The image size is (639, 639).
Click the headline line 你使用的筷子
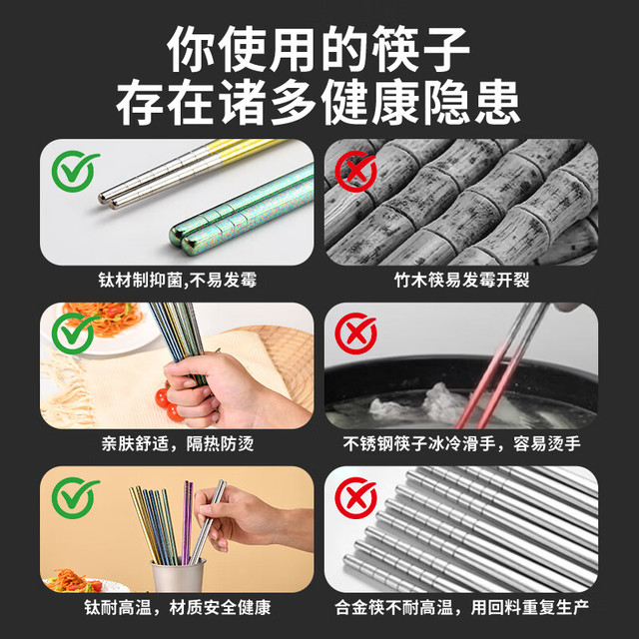[x=319, y=49]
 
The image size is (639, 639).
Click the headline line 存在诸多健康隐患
[x=319, y=102]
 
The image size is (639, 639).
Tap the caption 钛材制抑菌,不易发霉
[x=178, y=281]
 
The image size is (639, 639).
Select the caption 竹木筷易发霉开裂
[x=461, y=281]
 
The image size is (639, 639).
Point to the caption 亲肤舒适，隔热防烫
[x=178, y=443]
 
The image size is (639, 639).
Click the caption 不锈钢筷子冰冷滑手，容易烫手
[x=461, y=443]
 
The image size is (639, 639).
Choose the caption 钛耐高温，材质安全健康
[x=178, y=607]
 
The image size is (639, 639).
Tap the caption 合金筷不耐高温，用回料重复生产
[x=461, y=607]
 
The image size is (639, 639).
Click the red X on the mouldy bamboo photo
[x=355, y=171]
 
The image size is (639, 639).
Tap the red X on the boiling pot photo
[x=355, y=333]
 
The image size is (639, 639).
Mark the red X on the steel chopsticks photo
[x=355, y=498]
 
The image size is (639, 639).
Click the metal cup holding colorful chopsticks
[x=178, y=576]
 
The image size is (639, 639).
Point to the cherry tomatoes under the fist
[x=168, y=403]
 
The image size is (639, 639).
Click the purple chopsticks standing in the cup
[x=187, y=522]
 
